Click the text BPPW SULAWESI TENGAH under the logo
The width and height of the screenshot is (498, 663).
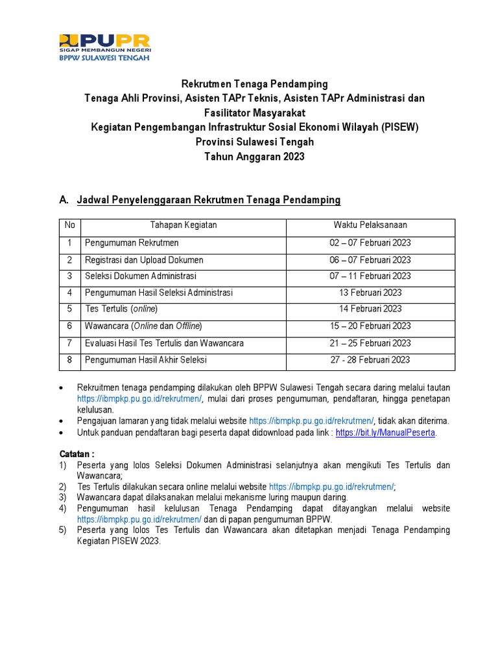(x=104, y=58)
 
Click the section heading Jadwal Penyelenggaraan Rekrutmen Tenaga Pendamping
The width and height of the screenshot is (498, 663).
(x=209, y=201)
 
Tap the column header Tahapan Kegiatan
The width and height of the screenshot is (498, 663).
(x=184, y=225)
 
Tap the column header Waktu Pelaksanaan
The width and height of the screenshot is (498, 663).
(x=370, y=225)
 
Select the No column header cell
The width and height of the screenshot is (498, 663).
(x=69, y=225)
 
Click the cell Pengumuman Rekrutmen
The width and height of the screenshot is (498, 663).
(x=132, y=243)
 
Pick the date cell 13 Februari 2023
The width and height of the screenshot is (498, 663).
(x=370, y=293)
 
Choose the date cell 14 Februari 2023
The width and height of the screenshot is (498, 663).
(x=370, y=309)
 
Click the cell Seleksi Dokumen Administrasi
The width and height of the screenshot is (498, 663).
(x=140, y=276)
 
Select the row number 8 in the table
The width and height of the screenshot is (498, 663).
(x=69, y=359)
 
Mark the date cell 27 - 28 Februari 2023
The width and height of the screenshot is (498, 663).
(x=370, y=359)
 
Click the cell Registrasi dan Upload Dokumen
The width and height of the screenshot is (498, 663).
(x=144, y=260)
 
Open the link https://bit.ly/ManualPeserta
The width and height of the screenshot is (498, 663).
(x=386, y=433)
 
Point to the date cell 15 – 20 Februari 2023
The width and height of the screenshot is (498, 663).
(x=370, y=326)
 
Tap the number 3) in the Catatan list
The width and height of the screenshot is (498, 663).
(x=63, y=497)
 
